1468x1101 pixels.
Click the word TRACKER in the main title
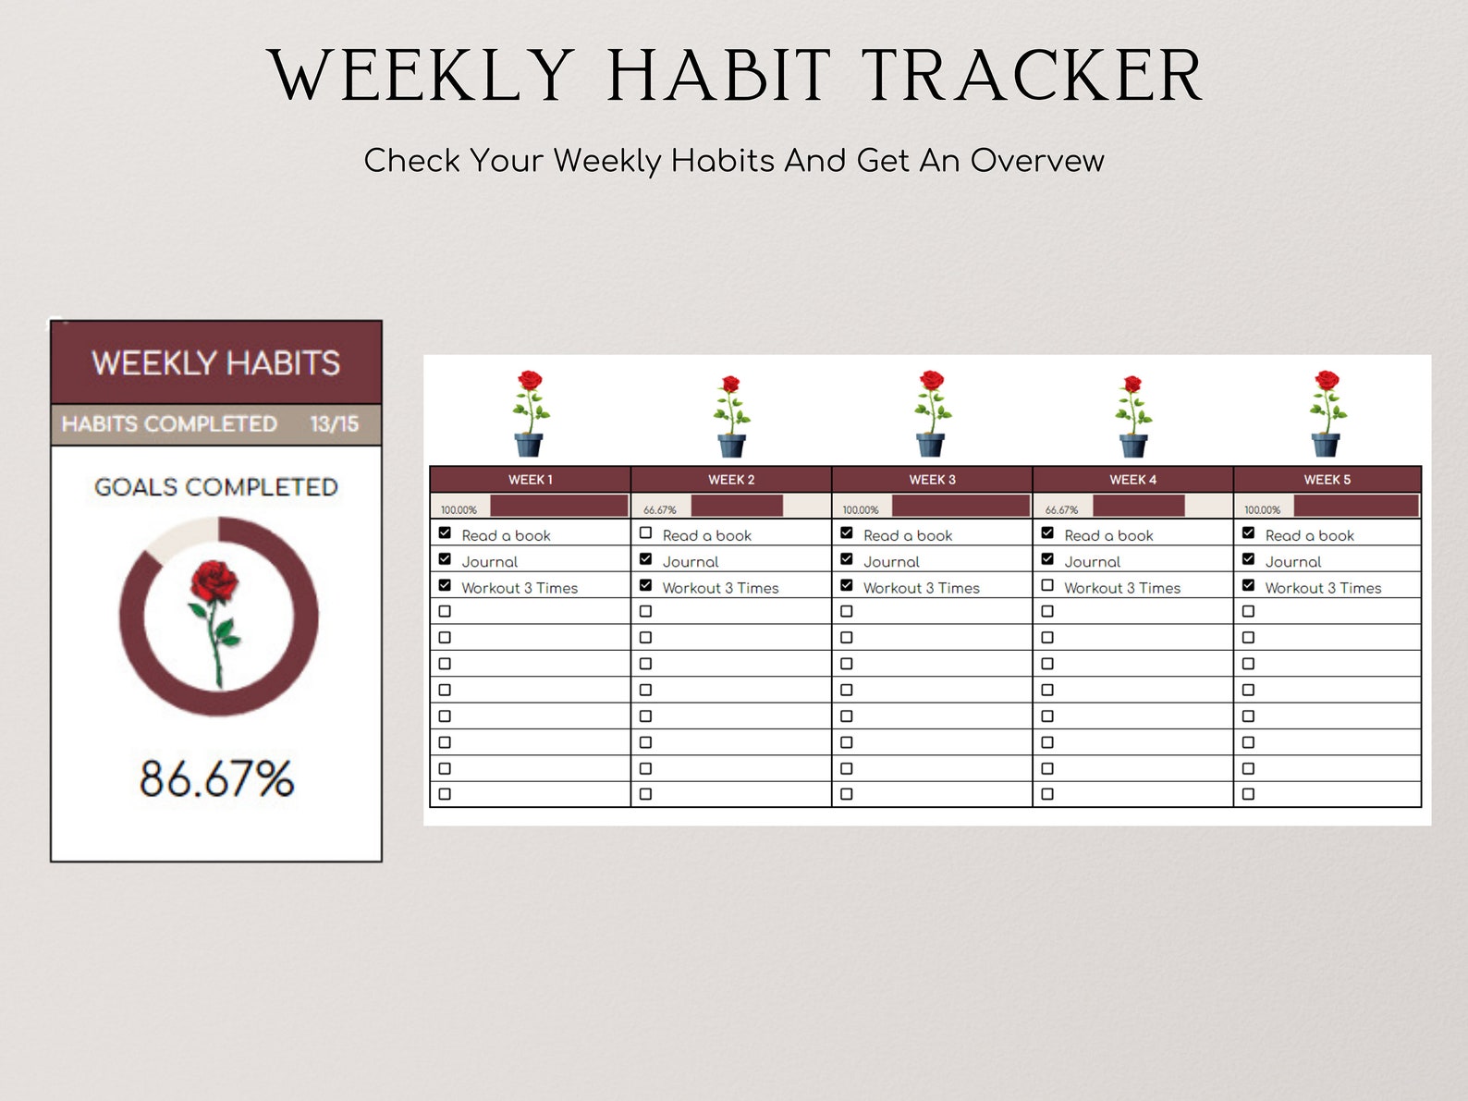pyautogui.click(x=1032, y=76)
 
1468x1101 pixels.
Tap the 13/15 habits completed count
pyautogui.click(x=334, y=424)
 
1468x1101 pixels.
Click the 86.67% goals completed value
pyautogui.click(x=216, y=778)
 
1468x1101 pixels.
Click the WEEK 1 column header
pyautogui.click(x=530, y=480)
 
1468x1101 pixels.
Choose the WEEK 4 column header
pyautogui.click(x=1132, y=480)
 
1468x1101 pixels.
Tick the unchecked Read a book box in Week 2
pyautogui.click(x=645, y=533)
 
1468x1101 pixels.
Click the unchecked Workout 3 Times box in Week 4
pyautogui.click(x=1047, y=585)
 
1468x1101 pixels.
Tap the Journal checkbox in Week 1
pyautogui.click(x=445, y=559)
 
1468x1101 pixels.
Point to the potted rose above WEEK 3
pyautogui.click(x=932, y=413)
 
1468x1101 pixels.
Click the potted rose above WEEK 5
pyautogui.click(x=1327, y=413)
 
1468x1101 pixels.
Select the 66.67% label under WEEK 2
pyautogui.click(x=660, y=510)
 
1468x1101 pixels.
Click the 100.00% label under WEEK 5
pyautogui.click(x=1262, y=510)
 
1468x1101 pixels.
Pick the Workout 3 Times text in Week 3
pyautogui.click(x=921, y=588)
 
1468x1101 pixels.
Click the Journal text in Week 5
pyautogui.click(x=1292, y=562)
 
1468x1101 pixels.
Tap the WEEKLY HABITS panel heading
pyautogui.click(x=215, y=363)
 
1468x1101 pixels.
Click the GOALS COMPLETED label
pyautogui.click(x=215, y=487)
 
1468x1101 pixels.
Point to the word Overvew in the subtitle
pyautogui.click(x=1036, y=161)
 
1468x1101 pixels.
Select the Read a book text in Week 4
pyautogui.click(x=1108, y=536)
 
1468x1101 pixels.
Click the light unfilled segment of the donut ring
pyautogui.click(x=178, y=538)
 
